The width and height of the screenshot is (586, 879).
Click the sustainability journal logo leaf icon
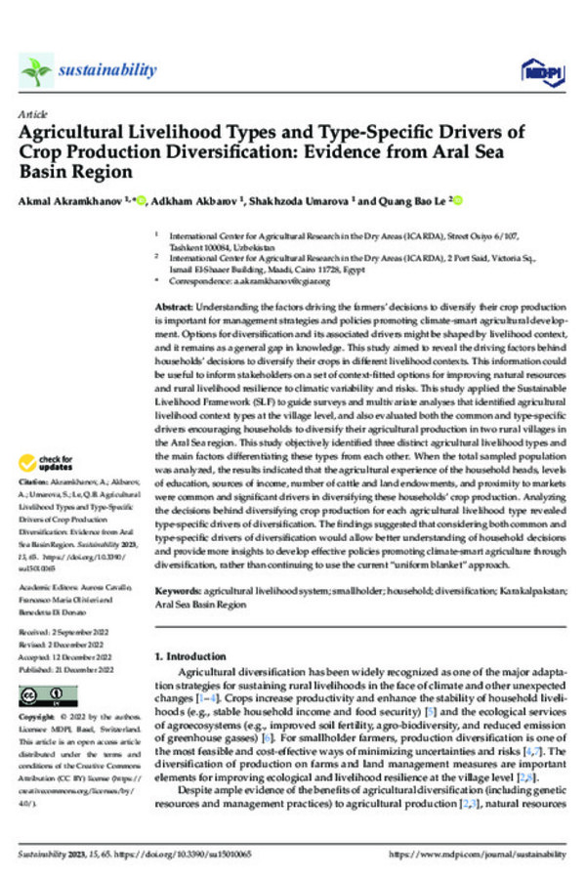pos(36,69)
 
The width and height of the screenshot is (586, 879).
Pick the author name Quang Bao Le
pos(403,202)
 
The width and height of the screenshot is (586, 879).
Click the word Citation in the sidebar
pos(35,482)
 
